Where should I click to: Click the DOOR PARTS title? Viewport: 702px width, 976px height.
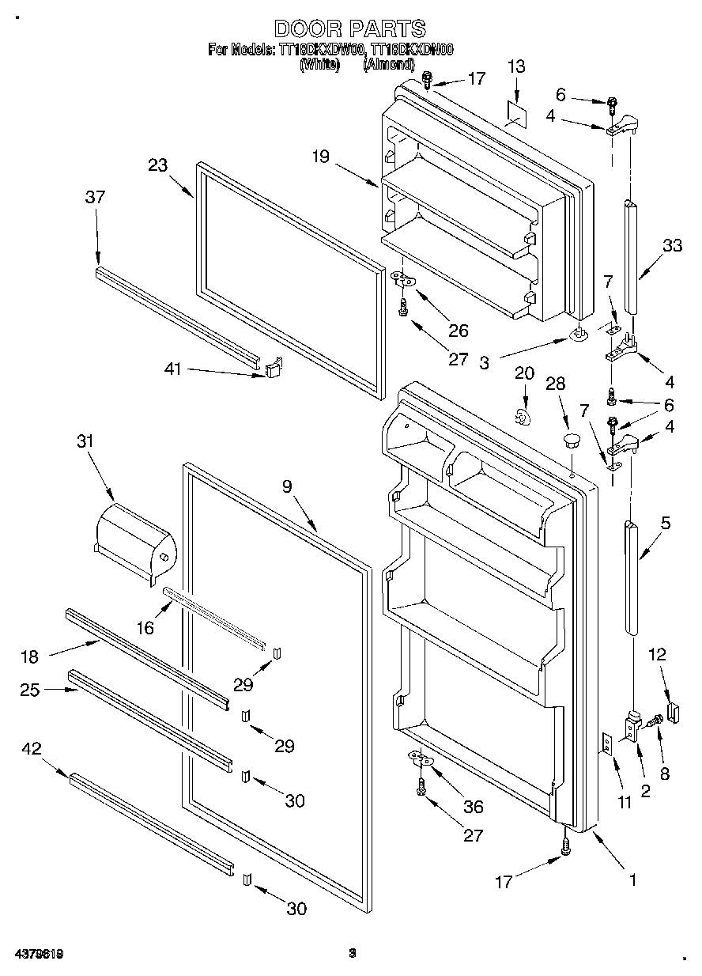[x=349, y=29]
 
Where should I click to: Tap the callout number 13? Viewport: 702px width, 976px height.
[x=515, y=68]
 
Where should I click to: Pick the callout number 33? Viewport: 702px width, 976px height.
[x=671, y=246]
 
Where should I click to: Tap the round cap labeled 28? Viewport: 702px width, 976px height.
[x=571, y=438]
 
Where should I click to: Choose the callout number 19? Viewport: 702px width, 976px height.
[x=319, y=157]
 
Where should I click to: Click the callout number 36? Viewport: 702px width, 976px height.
[x=474, y=807]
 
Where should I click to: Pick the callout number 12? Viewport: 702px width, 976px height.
[x=657, y=655]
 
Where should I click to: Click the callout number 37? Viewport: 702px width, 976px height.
[x=95, y=198]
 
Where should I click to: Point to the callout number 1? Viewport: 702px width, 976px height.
[x=632, y=878]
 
